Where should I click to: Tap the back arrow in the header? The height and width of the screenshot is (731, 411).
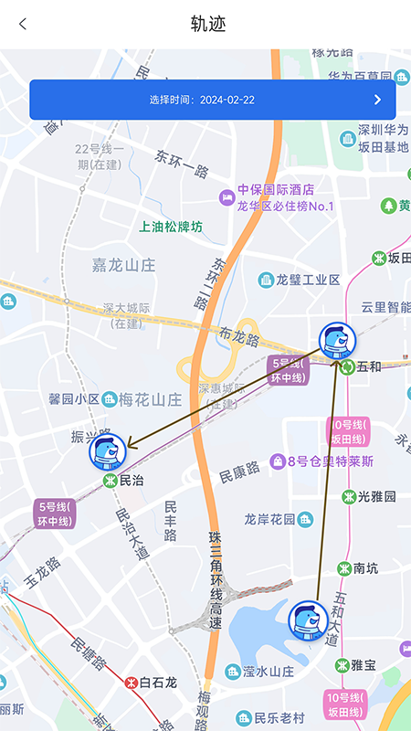tap(23, 25)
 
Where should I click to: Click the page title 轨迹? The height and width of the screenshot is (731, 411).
tap(208, 25)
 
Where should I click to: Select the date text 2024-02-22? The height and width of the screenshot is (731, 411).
tap(227, 100)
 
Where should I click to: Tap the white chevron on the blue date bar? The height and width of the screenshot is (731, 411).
tap(377, 100)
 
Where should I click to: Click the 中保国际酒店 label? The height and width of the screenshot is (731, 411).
tap(276, 190)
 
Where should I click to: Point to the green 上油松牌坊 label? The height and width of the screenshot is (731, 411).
tap(171, 227)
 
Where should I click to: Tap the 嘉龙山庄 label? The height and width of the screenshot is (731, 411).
tap(124, 265)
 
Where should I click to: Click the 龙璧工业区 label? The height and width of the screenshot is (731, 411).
tap(308, 280)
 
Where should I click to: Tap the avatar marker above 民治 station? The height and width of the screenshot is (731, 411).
tap(107, 450)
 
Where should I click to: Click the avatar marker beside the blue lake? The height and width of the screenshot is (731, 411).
tap(308, 620)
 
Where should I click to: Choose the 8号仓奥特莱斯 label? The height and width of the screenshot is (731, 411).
tap(331, 461)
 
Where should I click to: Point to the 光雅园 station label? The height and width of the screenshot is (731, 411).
tap(376, 497)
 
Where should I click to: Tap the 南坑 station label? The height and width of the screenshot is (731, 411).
tap(365, 567)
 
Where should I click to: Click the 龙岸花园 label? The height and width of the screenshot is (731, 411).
tap(270, 519)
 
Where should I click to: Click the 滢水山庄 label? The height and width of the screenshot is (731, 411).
tap(268, 672)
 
